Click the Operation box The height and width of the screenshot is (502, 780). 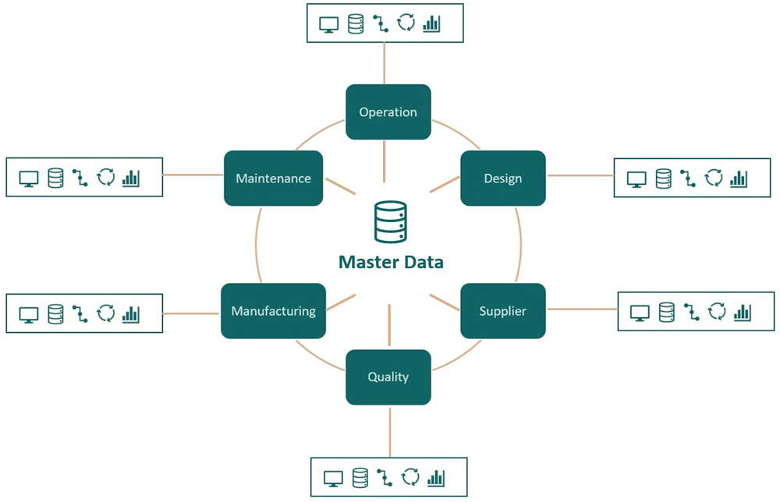[x=388, y=112]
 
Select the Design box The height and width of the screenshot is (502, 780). [x=502, y=179]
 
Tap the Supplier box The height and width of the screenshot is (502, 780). [x=502, y=311]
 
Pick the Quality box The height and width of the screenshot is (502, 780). [x=388, y=377]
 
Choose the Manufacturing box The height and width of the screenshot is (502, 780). [x=273, y=311]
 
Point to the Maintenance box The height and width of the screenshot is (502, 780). [x=273, y=179]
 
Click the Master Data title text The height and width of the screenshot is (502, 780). [x=391, y=262]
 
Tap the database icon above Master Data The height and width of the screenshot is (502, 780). [x=390, y=221]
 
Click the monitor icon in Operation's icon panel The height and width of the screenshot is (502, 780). [x=329, y=23]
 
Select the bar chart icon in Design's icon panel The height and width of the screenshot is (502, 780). [x=739, y=179]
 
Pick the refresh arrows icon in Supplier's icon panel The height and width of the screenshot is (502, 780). [x=717, y=313]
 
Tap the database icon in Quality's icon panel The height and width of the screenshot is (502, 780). [x=360, y=477]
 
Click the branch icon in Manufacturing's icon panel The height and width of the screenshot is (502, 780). [x=80, y=313]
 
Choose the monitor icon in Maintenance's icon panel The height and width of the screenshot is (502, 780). [x=30, y=179]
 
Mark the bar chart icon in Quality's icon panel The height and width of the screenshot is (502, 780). [x=436, y=477]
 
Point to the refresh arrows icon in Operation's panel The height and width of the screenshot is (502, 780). [x=406, y=23]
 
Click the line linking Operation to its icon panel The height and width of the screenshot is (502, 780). [x=385, y=63]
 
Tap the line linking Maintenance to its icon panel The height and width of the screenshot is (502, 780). [x=193, y=175]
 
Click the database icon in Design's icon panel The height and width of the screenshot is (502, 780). [x=663, y=179]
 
